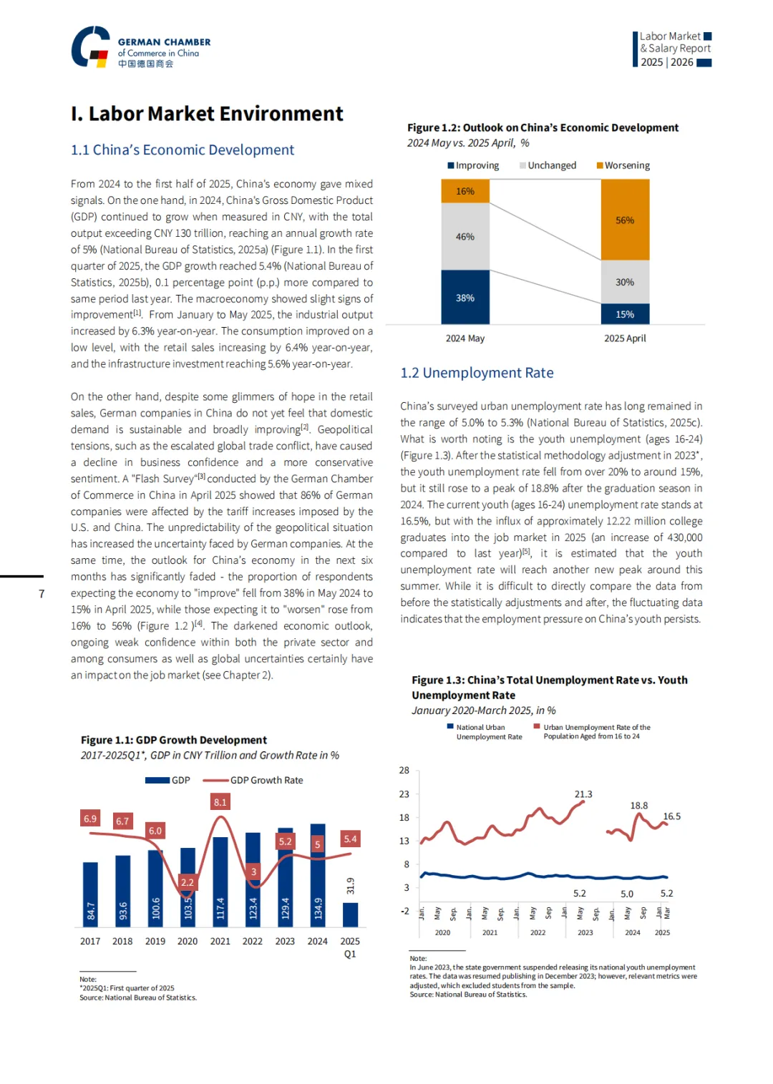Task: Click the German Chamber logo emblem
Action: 91,47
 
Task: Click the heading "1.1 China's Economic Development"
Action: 183,150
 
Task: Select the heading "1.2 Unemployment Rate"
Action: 477,373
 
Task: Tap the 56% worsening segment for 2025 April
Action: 625,220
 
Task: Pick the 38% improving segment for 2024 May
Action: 465,297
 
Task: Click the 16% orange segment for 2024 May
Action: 465,191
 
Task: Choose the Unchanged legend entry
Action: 548,165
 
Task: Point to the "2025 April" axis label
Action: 625,338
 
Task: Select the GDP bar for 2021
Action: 220,882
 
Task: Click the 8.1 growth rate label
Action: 220,802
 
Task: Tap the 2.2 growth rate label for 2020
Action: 188,882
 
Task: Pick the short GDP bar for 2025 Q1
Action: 350,914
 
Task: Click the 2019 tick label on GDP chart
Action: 155,942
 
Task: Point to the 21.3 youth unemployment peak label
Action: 583,794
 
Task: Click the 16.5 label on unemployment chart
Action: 672,816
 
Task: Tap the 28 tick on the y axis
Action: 404,771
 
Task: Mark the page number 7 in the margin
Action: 42,594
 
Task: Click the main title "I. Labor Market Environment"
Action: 207,114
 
